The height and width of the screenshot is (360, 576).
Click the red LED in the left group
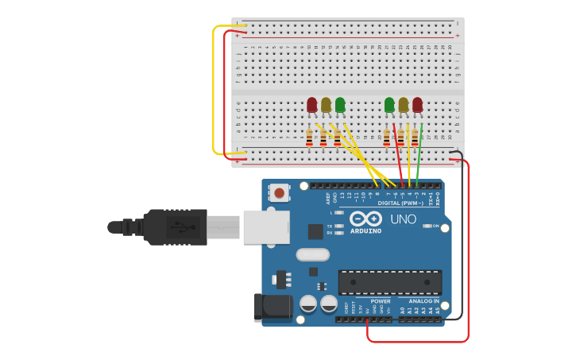coord(312,104)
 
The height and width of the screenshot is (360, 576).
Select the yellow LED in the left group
coord(326,104)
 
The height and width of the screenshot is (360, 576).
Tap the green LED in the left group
coord(340,104)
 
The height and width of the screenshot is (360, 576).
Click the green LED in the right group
coord(389,104)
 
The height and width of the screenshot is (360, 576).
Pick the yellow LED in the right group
coord(404,104)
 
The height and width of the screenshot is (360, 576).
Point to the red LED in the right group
coord(417,104)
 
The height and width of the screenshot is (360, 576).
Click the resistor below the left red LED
coord(309,138)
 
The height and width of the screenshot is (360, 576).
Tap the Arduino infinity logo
coord(365,219)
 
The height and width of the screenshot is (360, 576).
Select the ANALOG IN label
coord(424,301)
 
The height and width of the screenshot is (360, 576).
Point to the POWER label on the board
coord(381,301)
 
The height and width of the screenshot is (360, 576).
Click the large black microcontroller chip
coord(389,282)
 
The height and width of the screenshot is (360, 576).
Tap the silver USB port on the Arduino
coord(265,227)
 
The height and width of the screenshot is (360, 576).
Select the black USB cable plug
coord(176,227)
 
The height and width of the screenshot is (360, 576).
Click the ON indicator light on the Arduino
coord(427,226)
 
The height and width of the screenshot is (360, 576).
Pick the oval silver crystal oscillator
coord(312,254)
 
